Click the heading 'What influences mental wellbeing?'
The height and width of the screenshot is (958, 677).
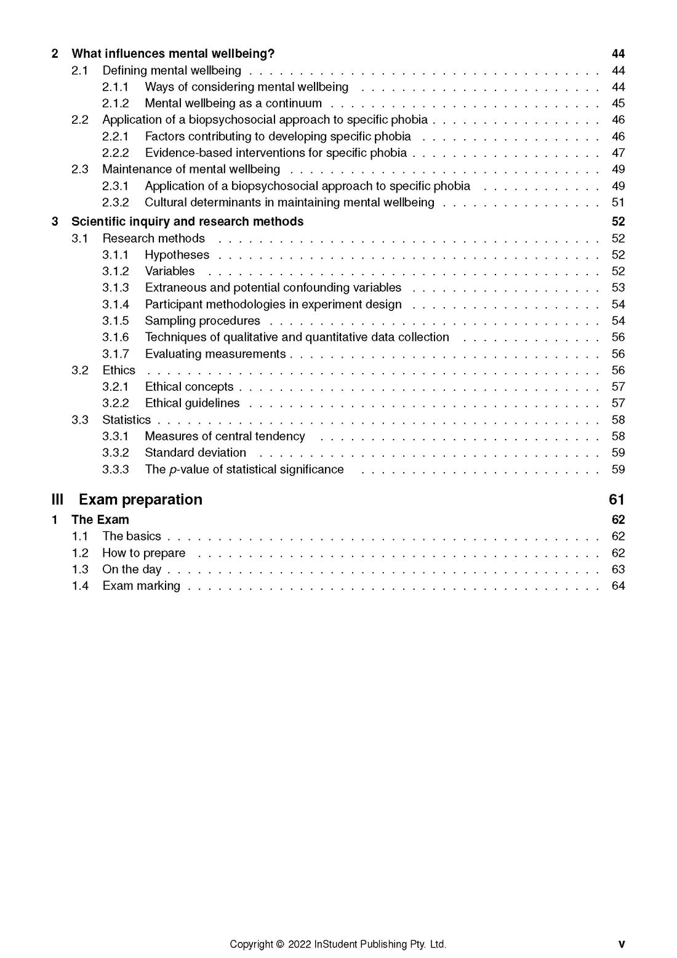173,54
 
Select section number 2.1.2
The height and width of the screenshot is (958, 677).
116,103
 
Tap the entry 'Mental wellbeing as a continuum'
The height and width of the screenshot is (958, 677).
233,103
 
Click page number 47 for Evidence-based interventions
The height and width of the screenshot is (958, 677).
618,153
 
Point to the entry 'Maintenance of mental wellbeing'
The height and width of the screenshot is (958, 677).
191,169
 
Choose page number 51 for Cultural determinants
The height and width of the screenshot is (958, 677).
618,203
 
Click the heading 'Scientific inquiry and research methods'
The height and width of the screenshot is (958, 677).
187,222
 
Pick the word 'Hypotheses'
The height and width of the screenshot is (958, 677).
177,255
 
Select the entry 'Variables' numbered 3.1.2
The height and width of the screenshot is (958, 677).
170,272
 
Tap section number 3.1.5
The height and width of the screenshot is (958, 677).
116,321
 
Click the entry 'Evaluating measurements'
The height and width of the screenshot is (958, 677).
215,354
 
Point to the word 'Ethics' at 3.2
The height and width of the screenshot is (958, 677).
119,370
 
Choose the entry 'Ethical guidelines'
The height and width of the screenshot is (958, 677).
193,403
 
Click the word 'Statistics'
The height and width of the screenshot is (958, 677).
126,420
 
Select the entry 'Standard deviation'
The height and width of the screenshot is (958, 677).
195,453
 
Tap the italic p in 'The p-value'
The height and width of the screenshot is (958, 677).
172,470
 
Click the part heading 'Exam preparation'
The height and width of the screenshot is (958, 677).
140,499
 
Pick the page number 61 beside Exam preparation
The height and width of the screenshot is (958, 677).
617,499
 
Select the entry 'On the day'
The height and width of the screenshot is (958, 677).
132,570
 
